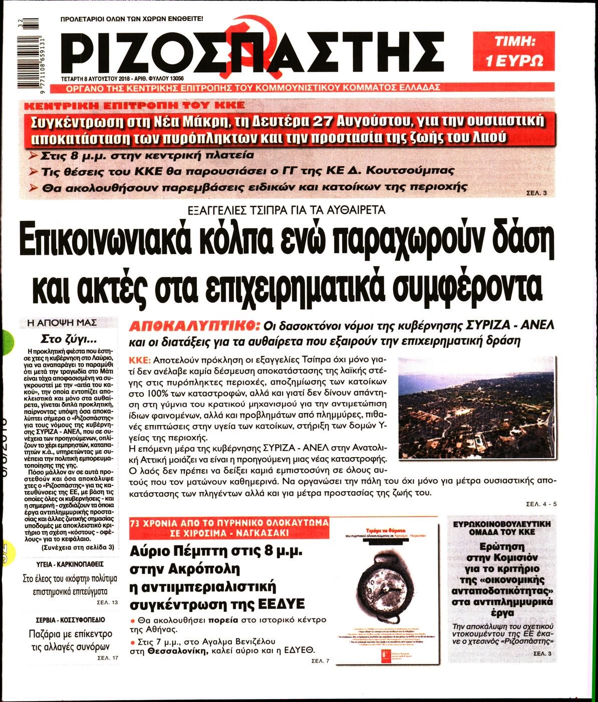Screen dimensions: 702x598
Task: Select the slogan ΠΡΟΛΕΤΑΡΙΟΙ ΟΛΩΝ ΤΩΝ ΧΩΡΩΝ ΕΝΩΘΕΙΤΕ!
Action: pyautogui.click(x=131, y=20)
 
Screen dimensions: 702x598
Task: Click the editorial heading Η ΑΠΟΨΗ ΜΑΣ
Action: pyautogui.click(x=69, y=323)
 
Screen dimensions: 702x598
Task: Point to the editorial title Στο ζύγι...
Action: pyautogui.click(x=69, y=337)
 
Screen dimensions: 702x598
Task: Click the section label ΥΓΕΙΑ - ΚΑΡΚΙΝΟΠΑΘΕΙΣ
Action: pyautogui.click(x=69, y=563)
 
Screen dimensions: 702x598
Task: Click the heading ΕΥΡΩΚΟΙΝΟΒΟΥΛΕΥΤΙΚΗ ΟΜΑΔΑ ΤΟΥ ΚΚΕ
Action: pyautogui.click(x=502, y=527)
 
